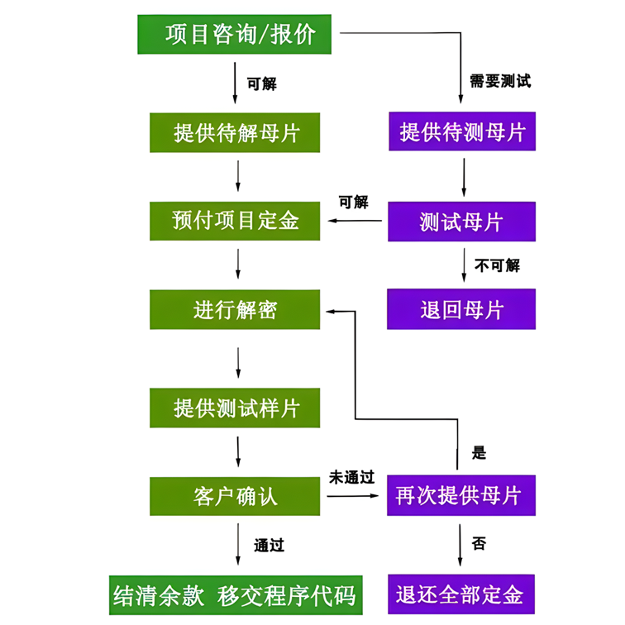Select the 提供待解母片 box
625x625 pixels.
[235, 132]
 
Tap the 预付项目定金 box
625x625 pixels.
[235, 220]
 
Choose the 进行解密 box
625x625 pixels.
[235, 310]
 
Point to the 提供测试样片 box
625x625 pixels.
[235, 408]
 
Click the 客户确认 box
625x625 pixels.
[235, 496]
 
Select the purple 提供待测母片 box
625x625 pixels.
[461, 131]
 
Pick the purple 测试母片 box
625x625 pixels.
[461, 221]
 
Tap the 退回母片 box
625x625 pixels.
[461, 309]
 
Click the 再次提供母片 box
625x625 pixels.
[460, 496]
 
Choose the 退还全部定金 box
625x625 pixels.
[460, 594]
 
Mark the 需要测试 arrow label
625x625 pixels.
[500, 82]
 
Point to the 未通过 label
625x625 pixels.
[352, 477]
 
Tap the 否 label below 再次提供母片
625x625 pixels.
[479, 544]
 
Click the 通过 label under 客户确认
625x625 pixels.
[269, 546]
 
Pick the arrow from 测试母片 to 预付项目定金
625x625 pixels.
[356, 221]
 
